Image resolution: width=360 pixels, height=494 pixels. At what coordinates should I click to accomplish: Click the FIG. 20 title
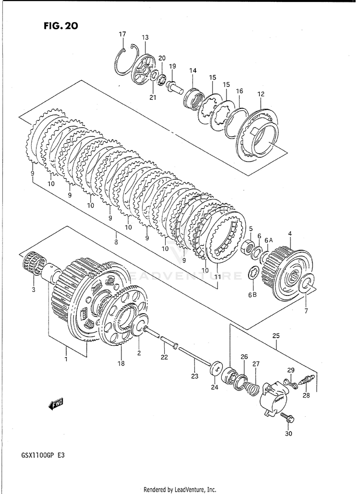(59, 25)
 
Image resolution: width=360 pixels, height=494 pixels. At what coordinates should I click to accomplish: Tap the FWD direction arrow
(56, 404)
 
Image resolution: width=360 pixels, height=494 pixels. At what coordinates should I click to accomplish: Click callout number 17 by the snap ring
(122, 34)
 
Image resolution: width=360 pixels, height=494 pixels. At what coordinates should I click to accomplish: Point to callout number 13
(145, 37)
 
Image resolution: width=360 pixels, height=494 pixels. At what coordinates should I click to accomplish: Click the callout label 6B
(253, 294)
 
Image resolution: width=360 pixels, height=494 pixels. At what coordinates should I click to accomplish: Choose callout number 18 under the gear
(121, 364)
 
